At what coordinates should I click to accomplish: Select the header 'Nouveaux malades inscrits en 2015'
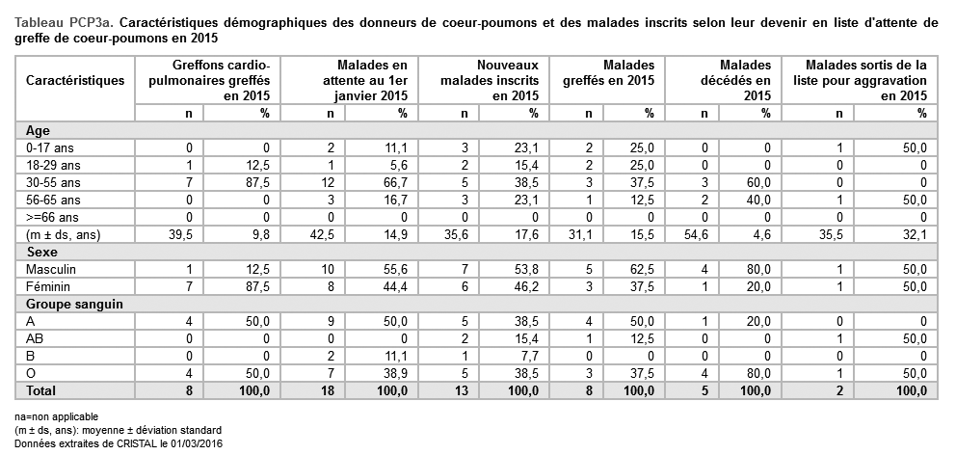pos(489,80)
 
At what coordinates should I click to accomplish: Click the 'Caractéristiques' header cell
pos(75,80)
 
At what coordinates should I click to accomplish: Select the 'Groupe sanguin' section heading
pos(66,304)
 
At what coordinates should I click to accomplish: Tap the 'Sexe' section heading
pos(39,252)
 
